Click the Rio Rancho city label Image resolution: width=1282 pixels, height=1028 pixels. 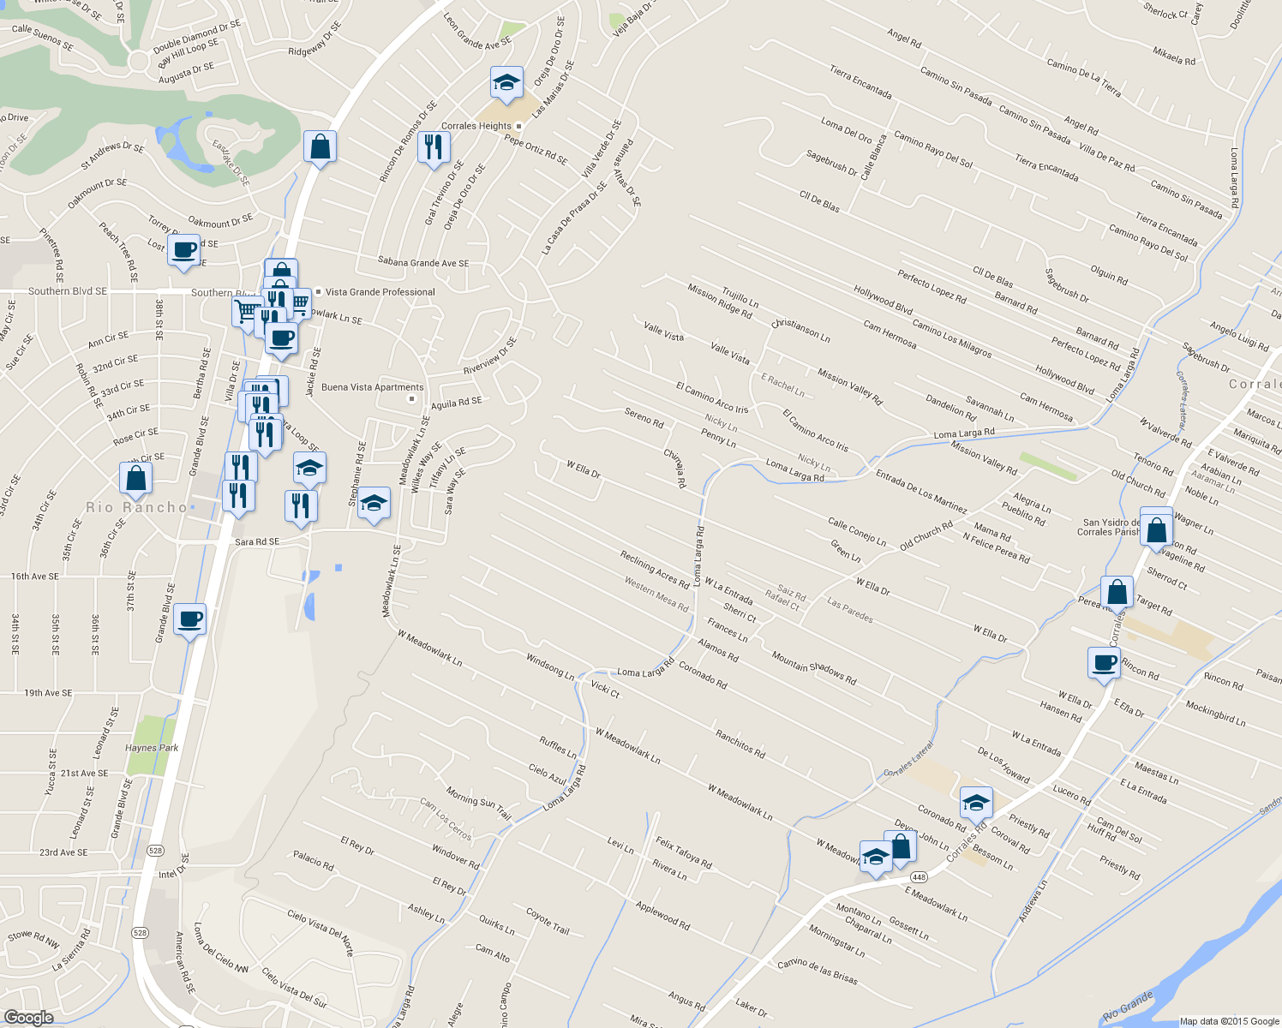coord(136,507)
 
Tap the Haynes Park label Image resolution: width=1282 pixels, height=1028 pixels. coord(152,748)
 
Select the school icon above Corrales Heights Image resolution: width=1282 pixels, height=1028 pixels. coord(506,83)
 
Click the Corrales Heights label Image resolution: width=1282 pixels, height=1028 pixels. coord(476,126)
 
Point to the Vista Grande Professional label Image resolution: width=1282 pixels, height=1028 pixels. coord(380,292)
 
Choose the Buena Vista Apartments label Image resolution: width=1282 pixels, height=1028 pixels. coord(373,387)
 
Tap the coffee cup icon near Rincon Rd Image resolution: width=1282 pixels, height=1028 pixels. coord(1105,662)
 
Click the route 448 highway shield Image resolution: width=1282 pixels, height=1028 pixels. coord(919,876)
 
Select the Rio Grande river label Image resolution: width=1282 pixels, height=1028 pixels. coord(1128,1007)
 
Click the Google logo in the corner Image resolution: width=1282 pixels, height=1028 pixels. coord(28,1017)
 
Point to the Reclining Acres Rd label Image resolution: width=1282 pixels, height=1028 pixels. coord(655,571)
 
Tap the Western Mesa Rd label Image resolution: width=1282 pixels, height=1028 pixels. coord(656,594)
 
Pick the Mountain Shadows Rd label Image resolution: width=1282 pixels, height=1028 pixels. coord(814,668)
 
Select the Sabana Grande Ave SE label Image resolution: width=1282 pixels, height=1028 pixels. coord(423,263)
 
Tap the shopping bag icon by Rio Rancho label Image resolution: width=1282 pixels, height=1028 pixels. coord(136,478)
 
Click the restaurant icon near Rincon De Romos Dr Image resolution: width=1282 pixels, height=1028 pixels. coord(434,147)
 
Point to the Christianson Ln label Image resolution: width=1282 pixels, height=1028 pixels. coord(800,330)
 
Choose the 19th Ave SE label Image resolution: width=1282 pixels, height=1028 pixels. coord(48,693)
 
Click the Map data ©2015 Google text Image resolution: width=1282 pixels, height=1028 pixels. coord(1229,1021)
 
